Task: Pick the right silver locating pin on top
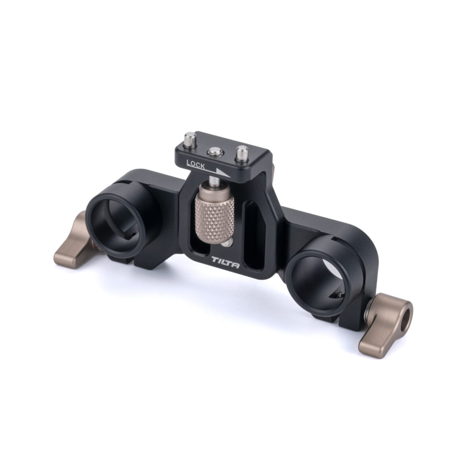pyautogui.click(x=242, y=151)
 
